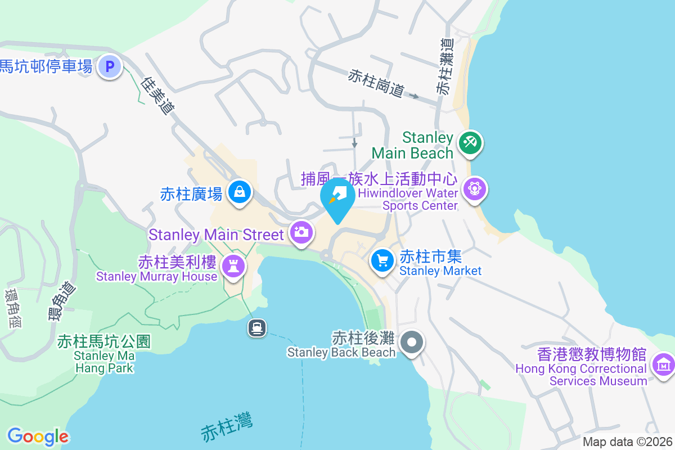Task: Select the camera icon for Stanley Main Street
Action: point(301,232)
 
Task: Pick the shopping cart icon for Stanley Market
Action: point(382,260)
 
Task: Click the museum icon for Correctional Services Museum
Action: point(664,364)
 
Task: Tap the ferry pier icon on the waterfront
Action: point(257,327)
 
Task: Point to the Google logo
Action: point(38,436)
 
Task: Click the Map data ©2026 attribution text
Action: point(627,442)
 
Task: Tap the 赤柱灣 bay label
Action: point(227,427)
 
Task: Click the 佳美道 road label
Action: point(156,96)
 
